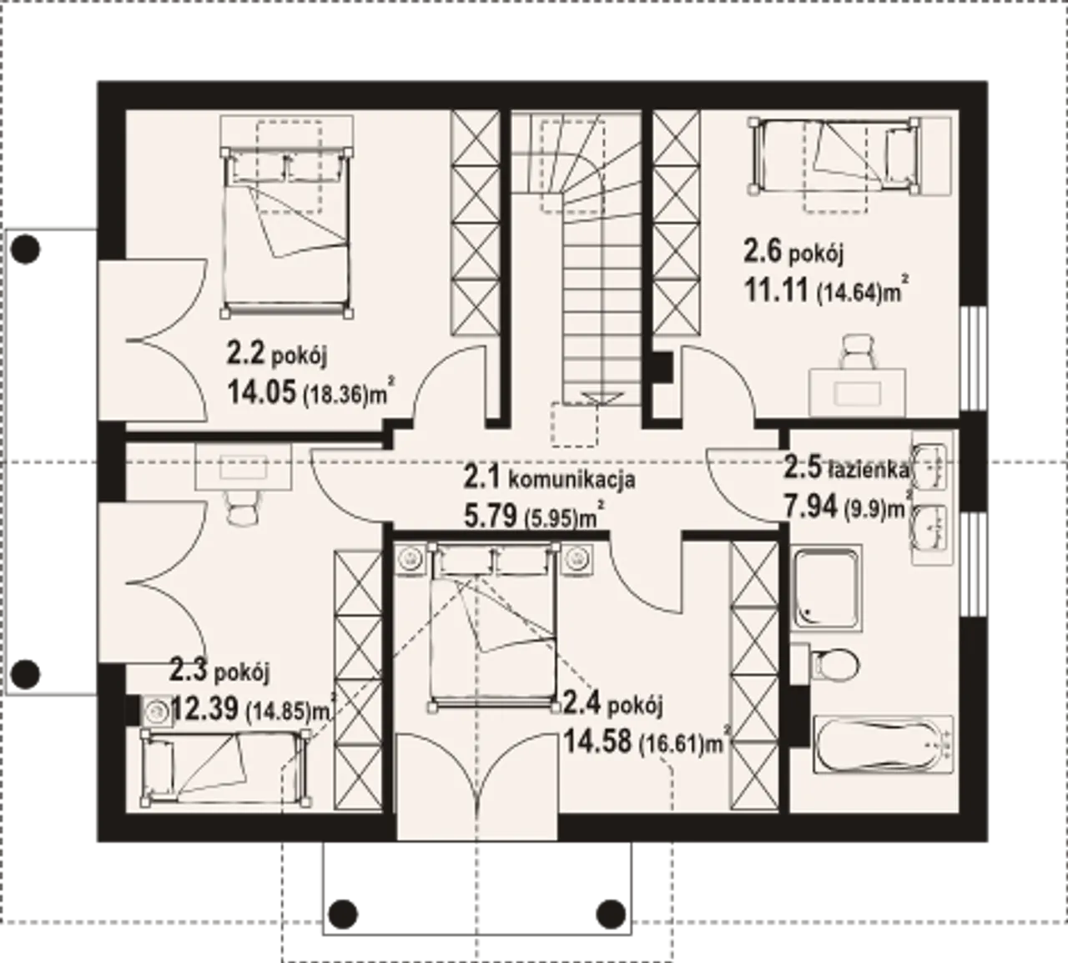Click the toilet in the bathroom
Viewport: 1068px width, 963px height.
point(826,663)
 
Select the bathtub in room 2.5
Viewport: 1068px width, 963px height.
point(884,744)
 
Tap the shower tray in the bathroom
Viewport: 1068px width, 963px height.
point(826,588)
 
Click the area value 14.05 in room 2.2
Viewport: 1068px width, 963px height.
point(261,392)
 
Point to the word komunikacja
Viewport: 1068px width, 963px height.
point(572,480)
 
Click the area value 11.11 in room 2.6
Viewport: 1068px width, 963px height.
point(777,290)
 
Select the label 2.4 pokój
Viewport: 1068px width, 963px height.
point(612,705)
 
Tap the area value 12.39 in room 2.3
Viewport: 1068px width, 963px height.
point(205,709)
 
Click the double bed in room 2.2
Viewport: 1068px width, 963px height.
point(287,232)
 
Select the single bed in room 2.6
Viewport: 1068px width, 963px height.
point(834,155)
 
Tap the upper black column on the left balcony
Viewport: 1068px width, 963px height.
point(26,250)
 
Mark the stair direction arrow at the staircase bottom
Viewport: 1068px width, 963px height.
point(603,398)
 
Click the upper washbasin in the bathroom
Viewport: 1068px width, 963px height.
point(929,467)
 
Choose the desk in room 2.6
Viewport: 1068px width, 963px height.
point(857,392)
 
